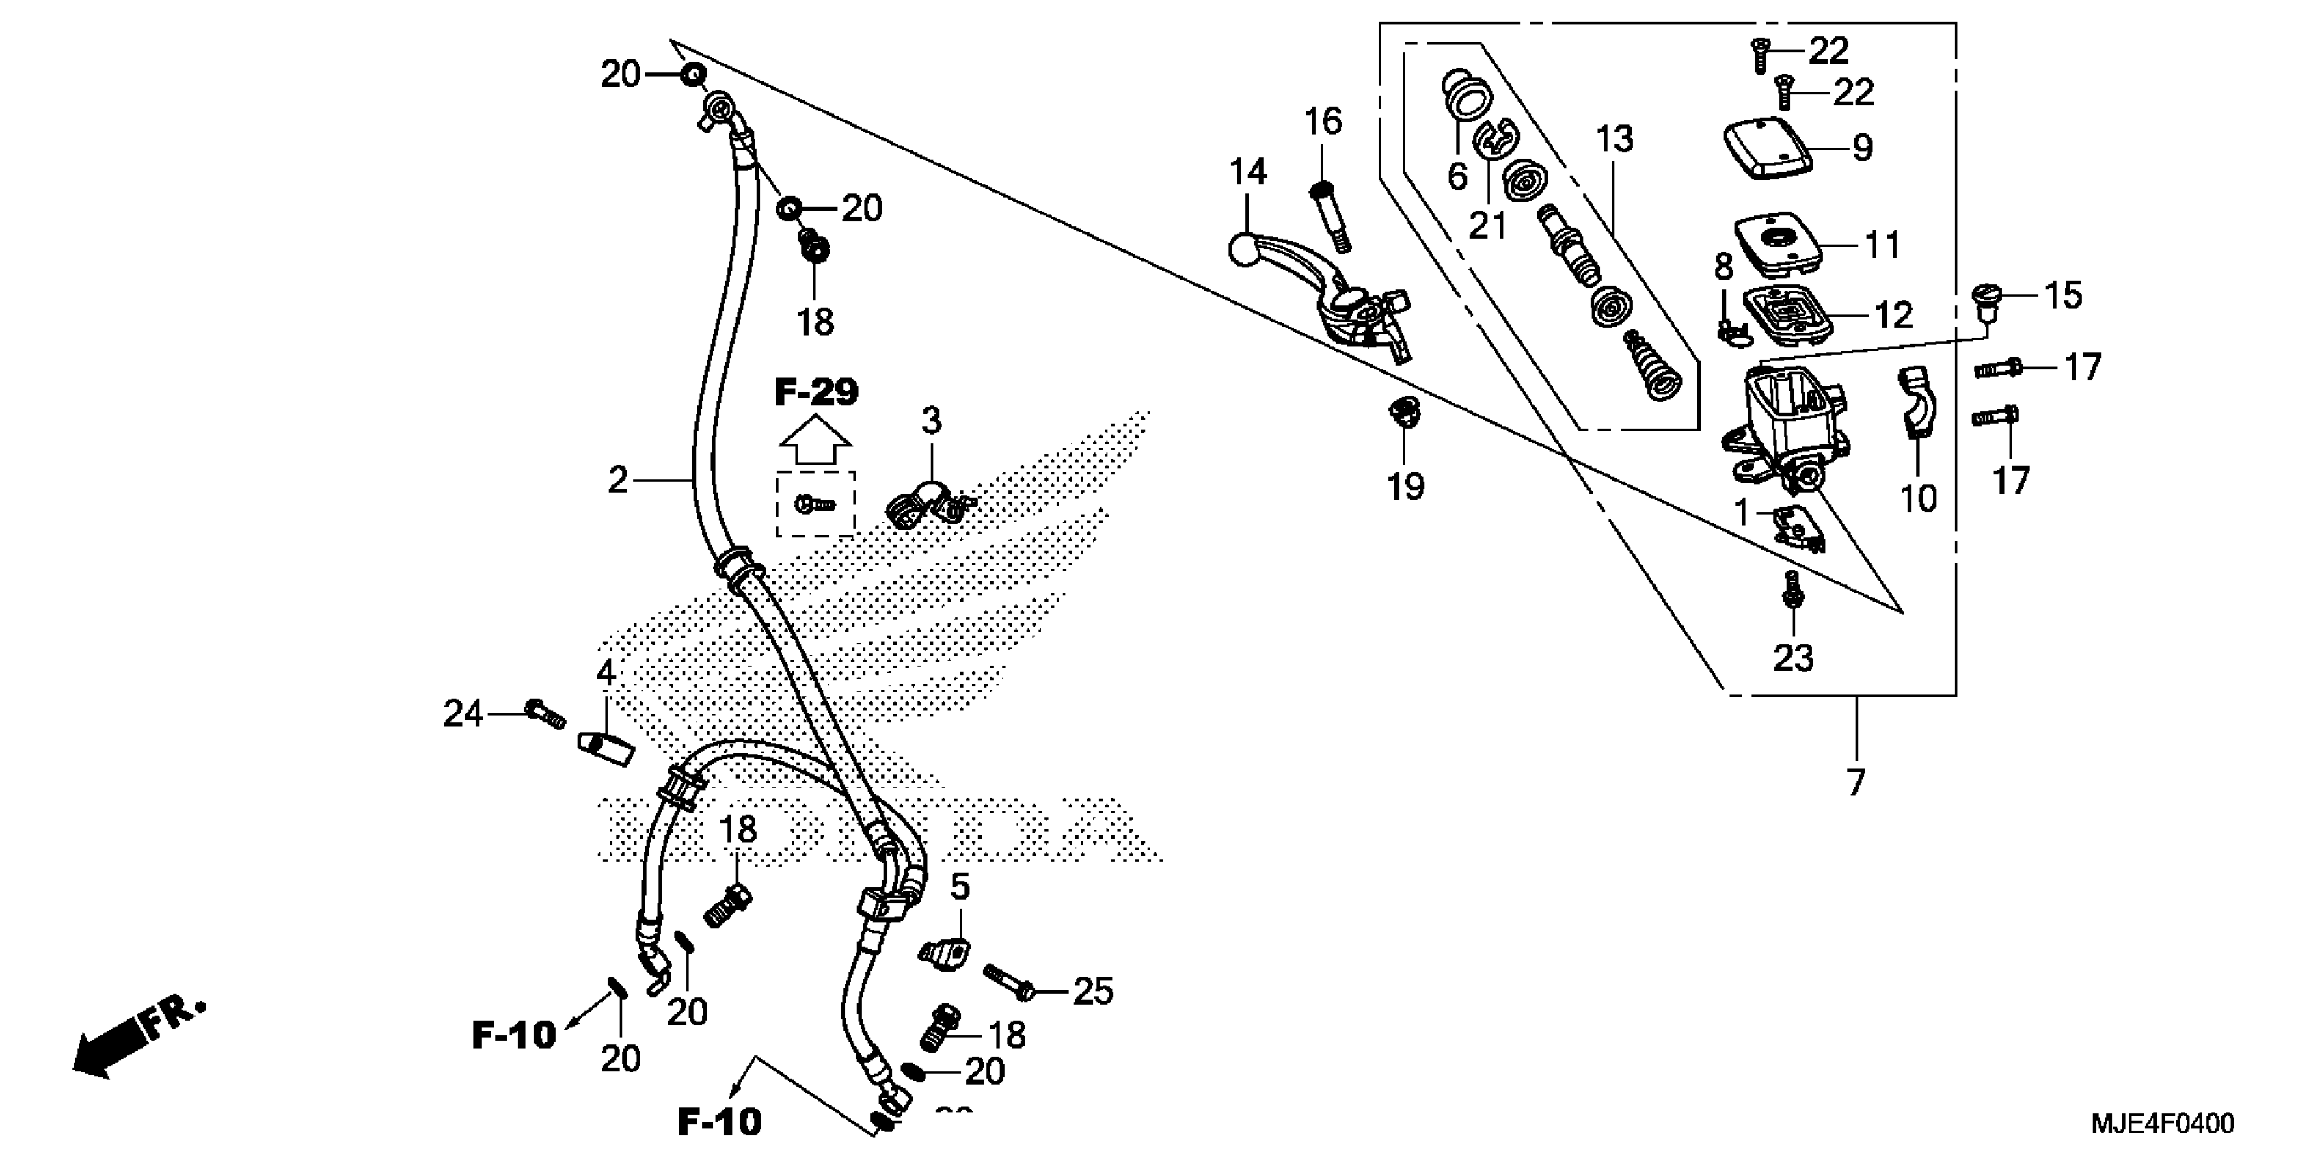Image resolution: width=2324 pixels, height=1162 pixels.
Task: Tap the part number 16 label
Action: click(1323, 121)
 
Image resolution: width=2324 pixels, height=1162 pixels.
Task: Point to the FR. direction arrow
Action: click(135, 1042)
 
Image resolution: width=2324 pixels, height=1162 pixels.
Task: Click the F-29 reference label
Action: click(815, 392)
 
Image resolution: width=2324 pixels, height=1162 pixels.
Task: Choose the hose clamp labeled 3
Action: click(922, 507)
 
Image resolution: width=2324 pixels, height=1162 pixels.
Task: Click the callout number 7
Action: click(1855, 781)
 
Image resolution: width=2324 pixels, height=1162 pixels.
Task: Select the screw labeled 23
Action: click(1794, 591)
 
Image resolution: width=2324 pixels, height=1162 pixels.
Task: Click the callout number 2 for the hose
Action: click(617, 481)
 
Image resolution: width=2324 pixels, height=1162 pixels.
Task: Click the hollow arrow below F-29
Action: click(815, 443)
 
